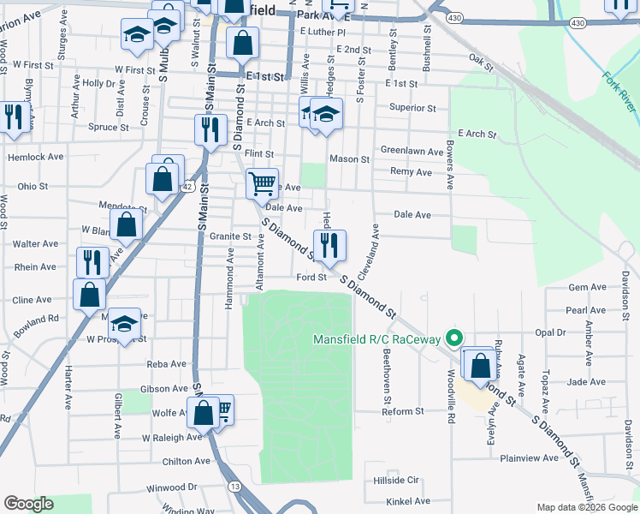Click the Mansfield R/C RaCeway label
379,338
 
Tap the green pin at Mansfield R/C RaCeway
456,338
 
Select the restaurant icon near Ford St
329,246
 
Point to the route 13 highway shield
234,486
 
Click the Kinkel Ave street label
407,501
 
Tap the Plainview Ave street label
529,458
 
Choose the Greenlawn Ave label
412,152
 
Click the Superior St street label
412,109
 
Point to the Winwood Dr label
172,487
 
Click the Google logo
28,504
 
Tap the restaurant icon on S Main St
210,130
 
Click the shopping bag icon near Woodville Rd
481,363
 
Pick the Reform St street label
403,411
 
